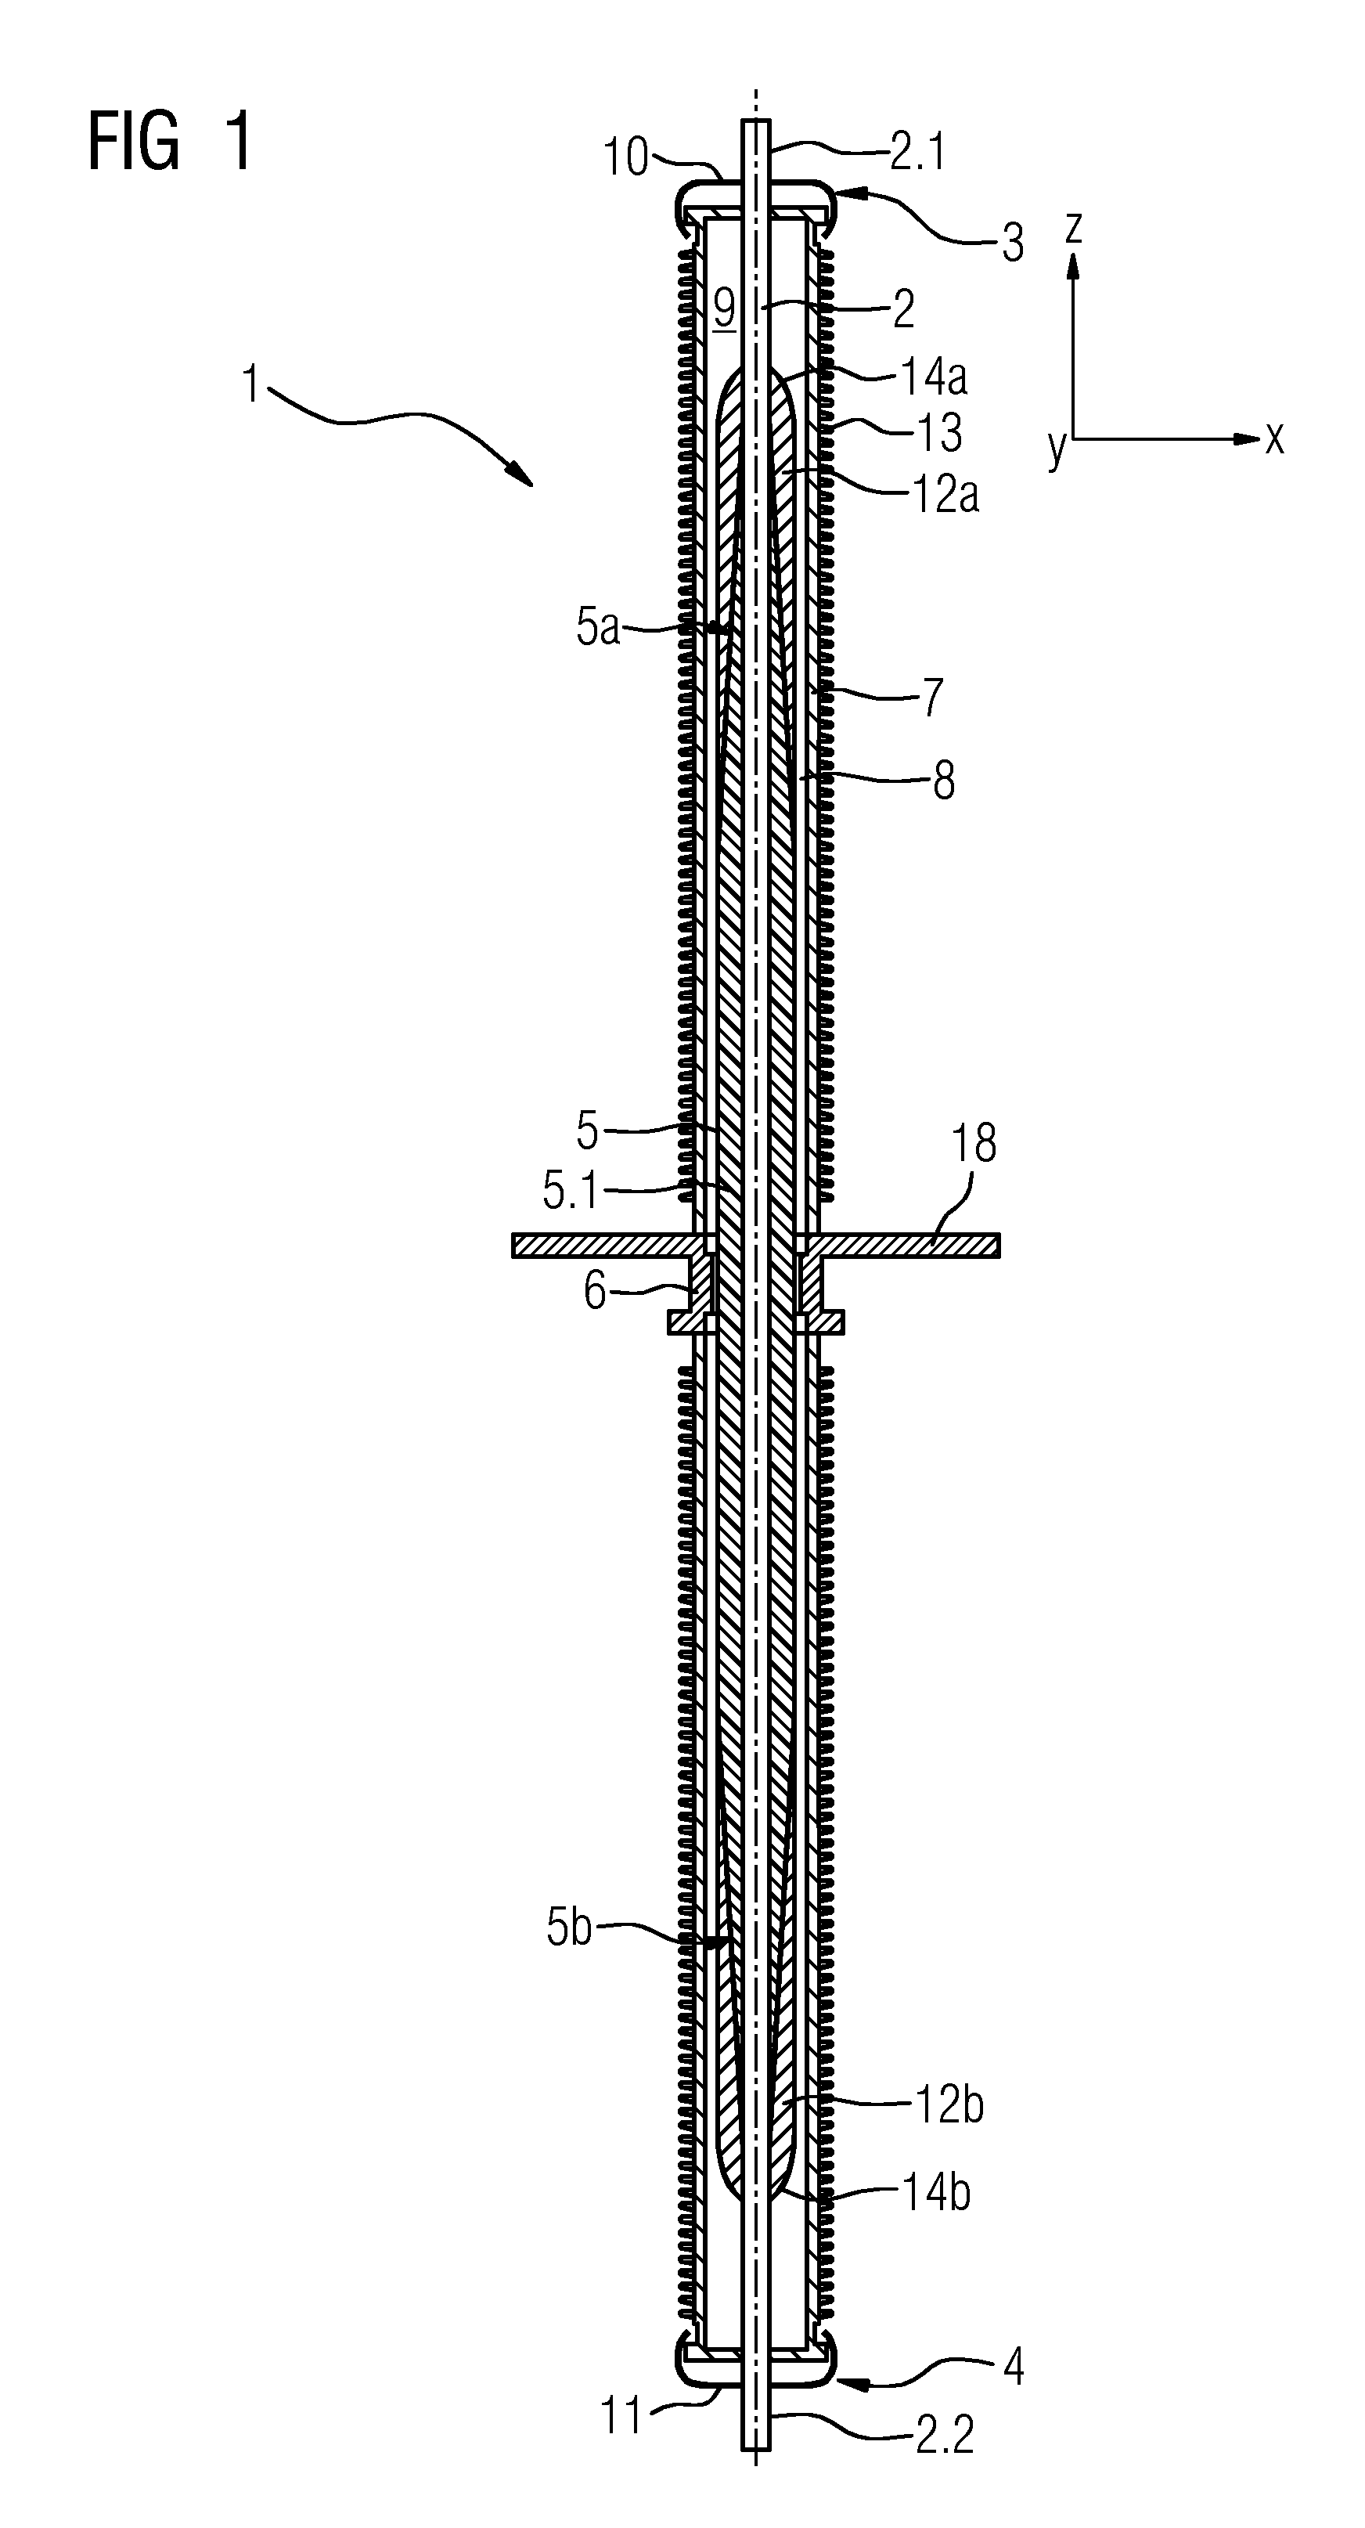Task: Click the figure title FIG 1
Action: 170,142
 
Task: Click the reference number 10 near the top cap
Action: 626,157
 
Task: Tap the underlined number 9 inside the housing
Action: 724,310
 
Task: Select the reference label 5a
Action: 598,628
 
